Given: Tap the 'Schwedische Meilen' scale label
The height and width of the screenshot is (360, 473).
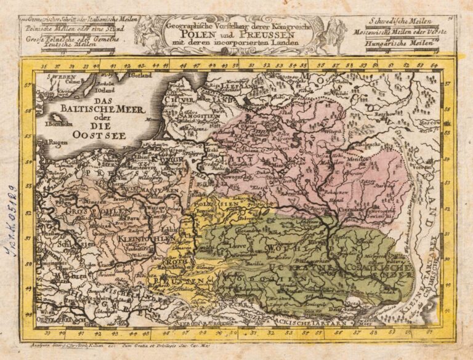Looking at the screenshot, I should click(398, 21).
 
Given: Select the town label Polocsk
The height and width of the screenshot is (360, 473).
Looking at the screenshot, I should click(298, 122).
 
